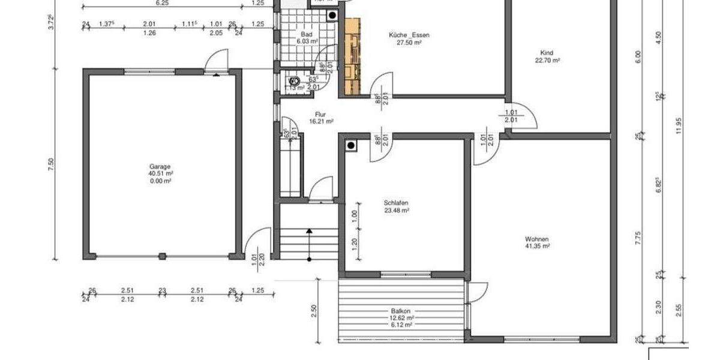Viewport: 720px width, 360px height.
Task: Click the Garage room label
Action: [160, 166]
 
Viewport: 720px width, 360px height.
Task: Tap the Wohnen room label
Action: [536, 239]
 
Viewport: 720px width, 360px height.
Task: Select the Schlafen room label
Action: [397, 203]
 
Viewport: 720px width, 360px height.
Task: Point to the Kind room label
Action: [547, 53]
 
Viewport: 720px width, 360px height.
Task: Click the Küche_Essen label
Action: [409, 35]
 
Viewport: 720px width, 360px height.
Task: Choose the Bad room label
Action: [307, 35]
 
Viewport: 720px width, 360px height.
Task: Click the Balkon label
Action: [400, 311]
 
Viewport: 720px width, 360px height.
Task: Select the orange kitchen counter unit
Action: [352, 57]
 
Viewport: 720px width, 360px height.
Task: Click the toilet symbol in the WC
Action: [294, 81]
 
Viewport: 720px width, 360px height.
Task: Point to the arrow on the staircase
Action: [309, 231]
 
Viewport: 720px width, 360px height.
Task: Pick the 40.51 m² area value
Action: [161, 173]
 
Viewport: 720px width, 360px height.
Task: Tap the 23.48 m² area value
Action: [397, 211]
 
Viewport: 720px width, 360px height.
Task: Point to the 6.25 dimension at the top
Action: [162, 3]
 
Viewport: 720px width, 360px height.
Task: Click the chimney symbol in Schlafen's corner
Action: [350, 145]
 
